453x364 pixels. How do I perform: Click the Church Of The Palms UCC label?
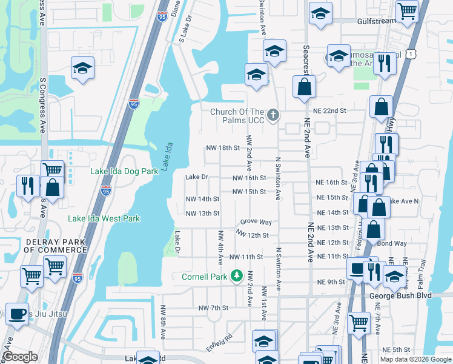[x=237, y=117]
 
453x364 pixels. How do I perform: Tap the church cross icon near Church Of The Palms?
[x=273, y=113]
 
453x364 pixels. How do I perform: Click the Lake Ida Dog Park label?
[x=124, y=172]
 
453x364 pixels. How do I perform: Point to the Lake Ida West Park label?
[x=104, y=218]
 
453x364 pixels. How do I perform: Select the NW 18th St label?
[x=223, y=148]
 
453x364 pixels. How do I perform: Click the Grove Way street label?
[x=256, y=223]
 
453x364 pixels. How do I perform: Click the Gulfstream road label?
[x=375, y=21]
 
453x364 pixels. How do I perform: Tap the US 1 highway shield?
[x=412, y=54]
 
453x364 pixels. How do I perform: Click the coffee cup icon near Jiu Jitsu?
[x=17, y=314]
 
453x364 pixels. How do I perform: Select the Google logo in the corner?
[x=21, y=357]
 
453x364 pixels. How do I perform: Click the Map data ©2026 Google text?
[x=415, y=359]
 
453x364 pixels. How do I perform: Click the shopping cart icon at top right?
[x=408, y=10]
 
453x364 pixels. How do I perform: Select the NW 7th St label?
[x=213, y=308]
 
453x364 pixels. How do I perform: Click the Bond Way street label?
[x=392, y=243]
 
